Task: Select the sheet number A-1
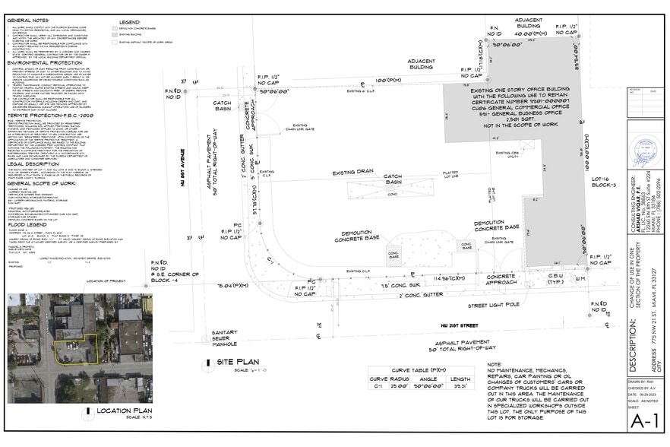pos(646,420)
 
